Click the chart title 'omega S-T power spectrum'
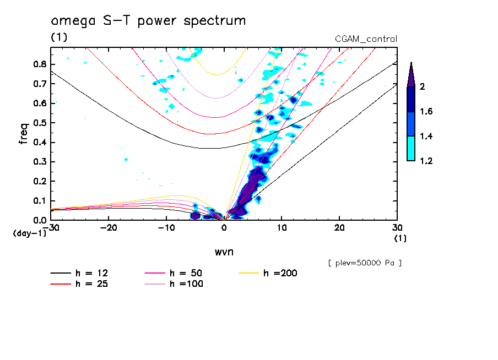[x=148, y=21]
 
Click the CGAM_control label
[x=366, y=39]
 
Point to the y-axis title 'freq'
[x=24, y=134]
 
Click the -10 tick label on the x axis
[x=166, y=228]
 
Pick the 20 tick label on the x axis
[x=339, y=228]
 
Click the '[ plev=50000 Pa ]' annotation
[x=365, y=263]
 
